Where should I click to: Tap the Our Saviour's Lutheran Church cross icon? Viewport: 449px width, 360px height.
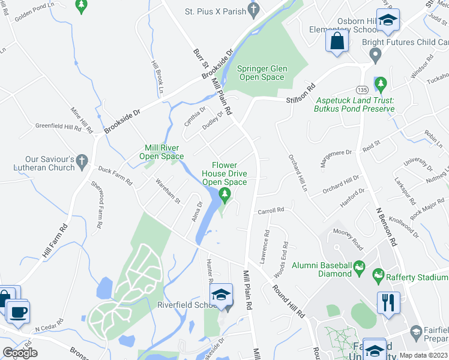(83, 161)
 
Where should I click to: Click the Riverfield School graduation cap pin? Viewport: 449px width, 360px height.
(221, 296)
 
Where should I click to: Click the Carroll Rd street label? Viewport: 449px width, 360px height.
(270, 211)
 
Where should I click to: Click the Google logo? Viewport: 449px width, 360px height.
(20, 353)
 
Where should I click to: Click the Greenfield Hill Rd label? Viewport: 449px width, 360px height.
(58, 127)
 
